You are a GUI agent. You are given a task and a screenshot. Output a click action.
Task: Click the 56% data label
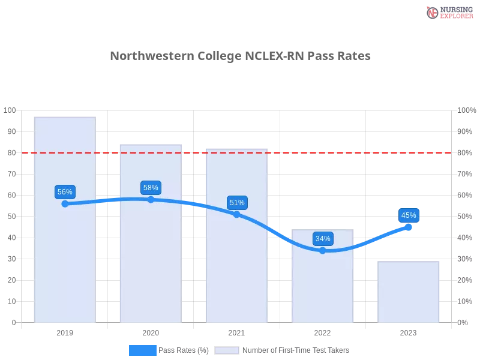tap(65, 192)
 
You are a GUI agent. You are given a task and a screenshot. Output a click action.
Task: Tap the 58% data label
tap(151, 188)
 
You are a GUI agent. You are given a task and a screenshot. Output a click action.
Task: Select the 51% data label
tap(237, 203)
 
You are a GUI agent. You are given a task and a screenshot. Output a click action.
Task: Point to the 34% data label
tap(323, 239)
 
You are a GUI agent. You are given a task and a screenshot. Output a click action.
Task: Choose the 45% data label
tap(409, 215)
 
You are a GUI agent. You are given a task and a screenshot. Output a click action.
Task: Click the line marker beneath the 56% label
tap(65, 204)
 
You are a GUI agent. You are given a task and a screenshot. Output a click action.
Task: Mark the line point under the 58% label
tap(151, 199)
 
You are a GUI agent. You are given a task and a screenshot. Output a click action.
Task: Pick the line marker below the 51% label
tap(236, 214)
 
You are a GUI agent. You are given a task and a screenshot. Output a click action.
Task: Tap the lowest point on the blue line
tap(323, 250)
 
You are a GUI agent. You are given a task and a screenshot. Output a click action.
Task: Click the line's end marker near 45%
tap(409, 227)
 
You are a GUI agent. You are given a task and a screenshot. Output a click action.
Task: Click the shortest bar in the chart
tap(408, 292)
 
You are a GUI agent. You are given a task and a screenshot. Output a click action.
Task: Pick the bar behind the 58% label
tap(151, 264)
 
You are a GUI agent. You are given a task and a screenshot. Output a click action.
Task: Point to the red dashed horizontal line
tap(360, 152)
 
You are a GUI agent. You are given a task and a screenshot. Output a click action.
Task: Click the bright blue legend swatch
tap(142, 350)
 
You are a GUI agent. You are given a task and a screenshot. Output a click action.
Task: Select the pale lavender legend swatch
tap(227, 350)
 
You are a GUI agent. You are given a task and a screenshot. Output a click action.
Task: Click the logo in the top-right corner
tap(448, 12)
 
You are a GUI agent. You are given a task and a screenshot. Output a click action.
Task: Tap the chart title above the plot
tap(242, 56)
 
